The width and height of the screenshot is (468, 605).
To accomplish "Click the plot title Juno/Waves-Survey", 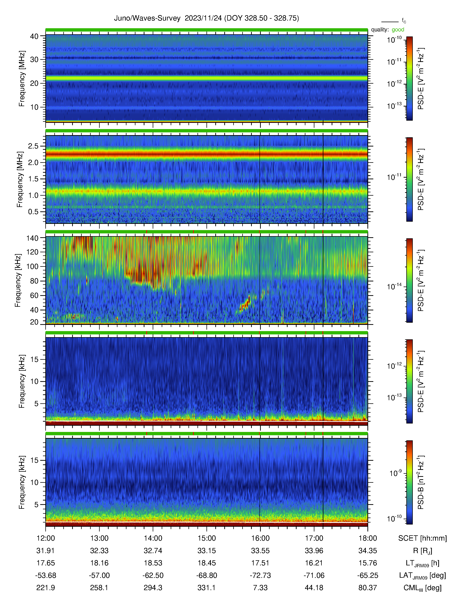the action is [147, 18].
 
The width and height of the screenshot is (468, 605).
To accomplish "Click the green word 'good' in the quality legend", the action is [398, 30].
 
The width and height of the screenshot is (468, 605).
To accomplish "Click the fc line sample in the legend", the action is [390, 22].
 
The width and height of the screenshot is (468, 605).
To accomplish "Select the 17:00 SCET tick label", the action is [314, 538].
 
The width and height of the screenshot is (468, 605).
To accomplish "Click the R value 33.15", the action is [206, 551].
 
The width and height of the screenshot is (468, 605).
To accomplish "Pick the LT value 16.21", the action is [314, 563].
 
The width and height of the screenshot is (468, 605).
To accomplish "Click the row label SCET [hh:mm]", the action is [422, 538].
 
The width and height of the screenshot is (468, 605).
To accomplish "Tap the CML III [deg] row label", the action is [422, 588].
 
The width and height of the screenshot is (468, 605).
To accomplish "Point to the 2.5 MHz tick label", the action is [33, 146].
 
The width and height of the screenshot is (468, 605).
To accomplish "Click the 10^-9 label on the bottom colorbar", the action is [395, 473].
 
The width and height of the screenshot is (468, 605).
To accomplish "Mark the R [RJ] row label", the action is [422, 551].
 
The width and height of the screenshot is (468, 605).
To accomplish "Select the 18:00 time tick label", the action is [368, 538].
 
